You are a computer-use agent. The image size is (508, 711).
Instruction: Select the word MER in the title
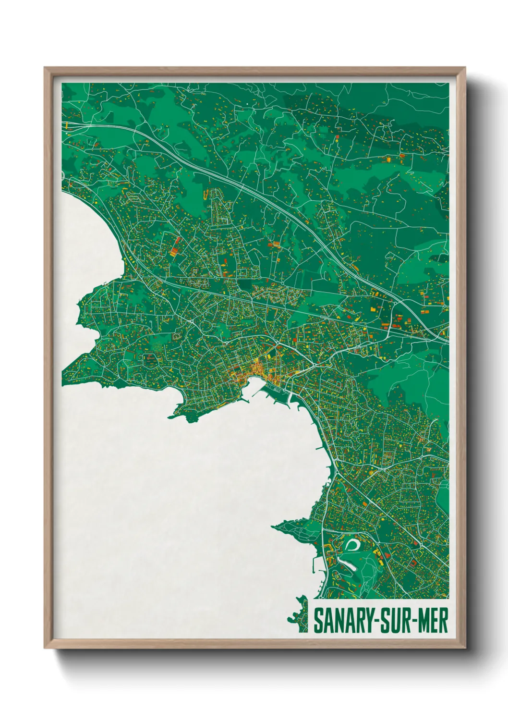pyautogui.click(x=434, y=621)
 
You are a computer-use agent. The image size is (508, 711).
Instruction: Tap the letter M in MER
pyautogui.click(x=425, y=621)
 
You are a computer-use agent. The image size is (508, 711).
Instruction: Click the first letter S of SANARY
pyautogui.click(x=318, y=621)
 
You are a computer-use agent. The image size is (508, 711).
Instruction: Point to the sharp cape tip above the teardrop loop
pyautogui.click(x=274, y=527)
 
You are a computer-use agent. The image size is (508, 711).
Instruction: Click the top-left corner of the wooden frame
pyautogui.click(x=45, y=68)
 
